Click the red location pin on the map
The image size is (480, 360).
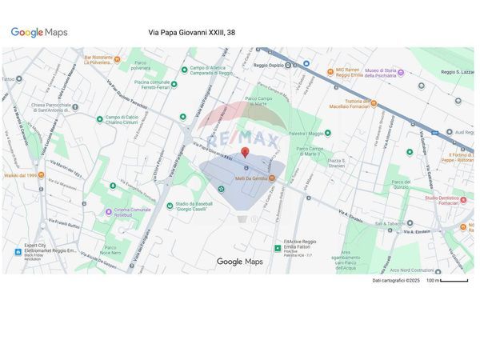(x=245, y=152)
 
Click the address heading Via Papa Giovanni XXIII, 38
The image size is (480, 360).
(x=192, y=33)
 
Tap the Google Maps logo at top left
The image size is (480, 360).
(x=38, y=33)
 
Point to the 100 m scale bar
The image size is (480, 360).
(x=453, y=281)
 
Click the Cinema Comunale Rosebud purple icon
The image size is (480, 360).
(x=109, y=212)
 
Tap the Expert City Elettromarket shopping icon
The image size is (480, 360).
(x=18, y=251)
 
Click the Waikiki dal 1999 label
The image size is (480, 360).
(x=22, y=174)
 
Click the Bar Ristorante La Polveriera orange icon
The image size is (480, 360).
(x=117, y=59)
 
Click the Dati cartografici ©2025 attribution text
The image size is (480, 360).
(x=396, y=281)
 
